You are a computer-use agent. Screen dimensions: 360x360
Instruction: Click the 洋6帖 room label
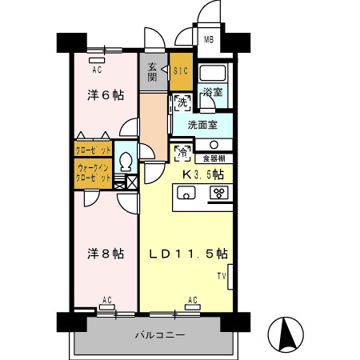coord(105,95)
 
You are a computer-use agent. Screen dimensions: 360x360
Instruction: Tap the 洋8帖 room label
coord(105,253)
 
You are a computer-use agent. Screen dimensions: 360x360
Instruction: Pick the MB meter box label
coord(208,40)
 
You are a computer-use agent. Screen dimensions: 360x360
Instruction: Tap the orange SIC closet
coord(181,70)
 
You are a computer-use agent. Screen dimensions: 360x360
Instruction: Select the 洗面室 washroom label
coord(202,125)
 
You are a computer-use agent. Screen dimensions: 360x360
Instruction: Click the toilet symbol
coord(125,162)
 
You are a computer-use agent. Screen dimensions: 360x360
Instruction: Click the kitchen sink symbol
coord(187,194)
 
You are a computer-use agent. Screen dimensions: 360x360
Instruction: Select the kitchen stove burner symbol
coord(217,193)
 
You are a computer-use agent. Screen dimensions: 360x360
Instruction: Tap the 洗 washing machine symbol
coord(181,103)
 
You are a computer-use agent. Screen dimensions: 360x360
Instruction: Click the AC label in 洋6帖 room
coord(97,69)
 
